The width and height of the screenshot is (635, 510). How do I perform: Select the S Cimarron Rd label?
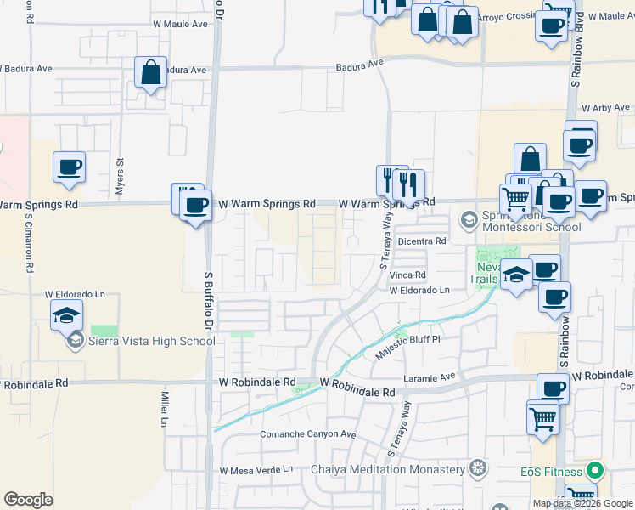pos(28,241)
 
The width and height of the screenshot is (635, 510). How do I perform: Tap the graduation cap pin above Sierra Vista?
pos(67,316)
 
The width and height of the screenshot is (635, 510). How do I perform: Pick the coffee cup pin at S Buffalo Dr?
pos(195,205)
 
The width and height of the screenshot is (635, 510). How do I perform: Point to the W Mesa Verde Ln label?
pos(256,469)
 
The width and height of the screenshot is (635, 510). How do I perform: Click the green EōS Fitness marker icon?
pos(596,470)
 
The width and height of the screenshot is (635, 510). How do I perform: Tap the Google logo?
pos(28,499)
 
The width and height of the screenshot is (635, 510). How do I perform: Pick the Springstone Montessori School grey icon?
pos(467,220)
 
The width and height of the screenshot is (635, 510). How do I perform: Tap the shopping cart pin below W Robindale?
pos(542,418)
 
